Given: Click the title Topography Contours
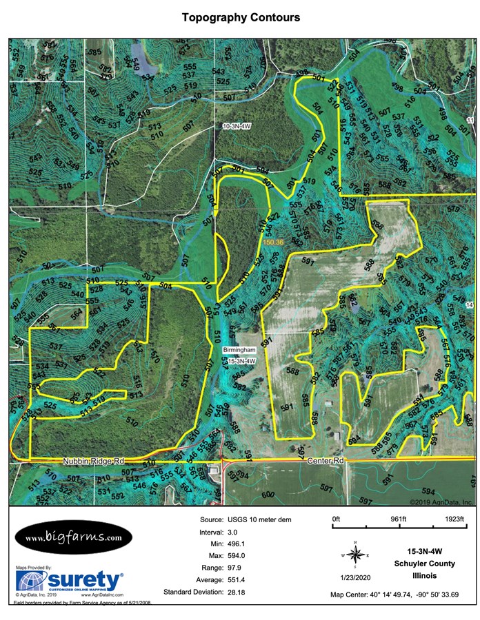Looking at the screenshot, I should tap(241, 17).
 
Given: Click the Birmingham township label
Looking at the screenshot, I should tap(241, 351).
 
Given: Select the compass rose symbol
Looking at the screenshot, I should tap(355, 553).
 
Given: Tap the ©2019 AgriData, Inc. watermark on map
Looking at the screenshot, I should tap(441, 502).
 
